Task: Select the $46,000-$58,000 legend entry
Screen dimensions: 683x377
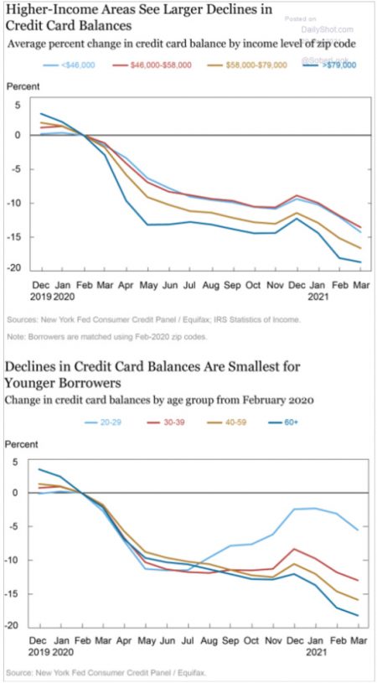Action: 160,65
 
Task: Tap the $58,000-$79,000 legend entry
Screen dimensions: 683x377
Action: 257,65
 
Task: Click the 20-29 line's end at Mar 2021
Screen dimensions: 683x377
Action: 359,530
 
